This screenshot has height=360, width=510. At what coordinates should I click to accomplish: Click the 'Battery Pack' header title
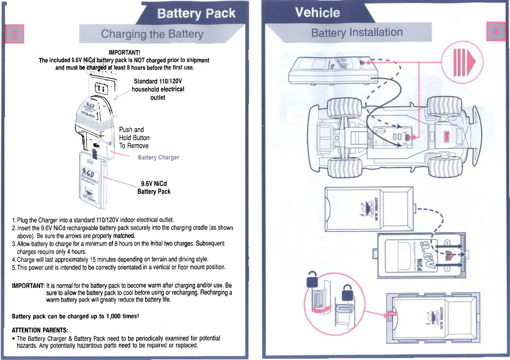pos(196,13)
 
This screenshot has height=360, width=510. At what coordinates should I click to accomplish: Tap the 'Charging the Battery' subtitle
pos(152,34)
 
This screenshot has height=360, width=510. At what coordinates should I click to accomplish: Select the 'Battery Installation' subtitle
pos(357,32)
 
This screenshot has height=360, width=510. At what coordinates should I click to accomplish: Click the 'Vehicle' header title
pos(317,13)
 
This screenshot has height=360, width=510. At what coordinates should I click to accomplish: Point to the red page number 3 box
pos(15,34)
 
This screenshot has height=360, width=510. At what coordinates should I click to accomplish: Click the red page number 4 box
pos(496,31)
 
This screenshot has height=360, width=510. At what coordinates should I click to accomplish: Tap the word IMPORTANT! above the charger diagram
pos(124,52)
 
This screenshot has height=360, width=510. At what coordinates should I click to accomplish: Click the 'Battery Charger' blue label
pos(158,157)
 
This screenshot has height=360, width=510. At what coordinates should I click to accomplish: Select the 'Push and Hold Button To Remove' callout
pos(134,138)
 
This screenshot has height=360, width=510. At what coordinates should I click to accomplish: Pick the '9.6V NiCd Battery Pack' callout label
pos(154,187)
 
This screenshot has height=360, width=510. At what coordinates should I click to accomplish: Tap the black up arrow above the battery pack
pos(95,154)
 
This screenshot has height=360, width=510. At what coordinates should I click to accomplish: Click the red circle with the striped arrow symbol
pos(462,62)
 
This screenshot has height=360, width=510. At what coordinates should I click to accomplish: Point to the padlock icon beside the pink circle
pos(312,279)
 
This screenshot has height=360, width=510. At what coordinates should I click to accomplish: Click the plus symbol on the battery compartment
pos(447,243)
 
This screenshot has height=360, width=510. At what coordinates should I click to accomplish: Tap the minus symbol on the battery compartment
pos(447,269)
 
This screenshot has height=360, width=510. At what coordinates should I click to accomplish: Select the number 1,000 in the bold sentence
pos(113,316)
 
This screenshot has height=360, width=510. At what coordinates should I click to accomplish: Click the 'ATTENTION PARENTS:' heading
pos(40,330)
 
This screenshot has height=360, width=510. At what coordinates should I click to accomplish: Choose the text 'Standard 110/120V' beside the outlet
pos(158,81)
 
